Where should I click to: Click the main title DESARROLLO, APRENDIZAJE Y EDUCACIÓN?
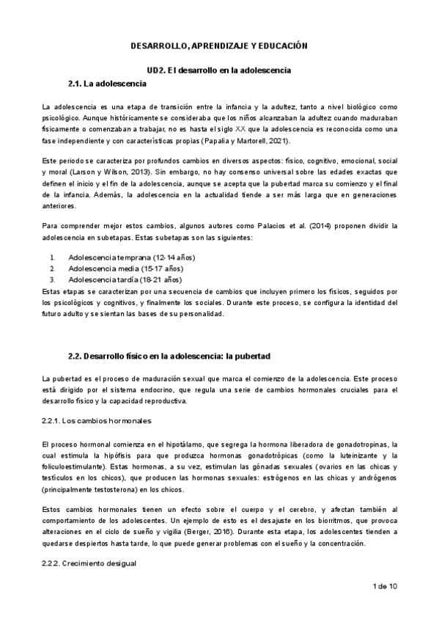pos(218,45)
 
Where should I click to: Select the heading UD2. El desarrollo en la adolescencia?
pos(219,70)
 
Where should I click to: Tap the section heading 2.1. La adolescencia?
pos(111,83)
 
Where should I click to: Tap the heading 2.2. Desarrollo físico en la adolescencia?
pos(169,356)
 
